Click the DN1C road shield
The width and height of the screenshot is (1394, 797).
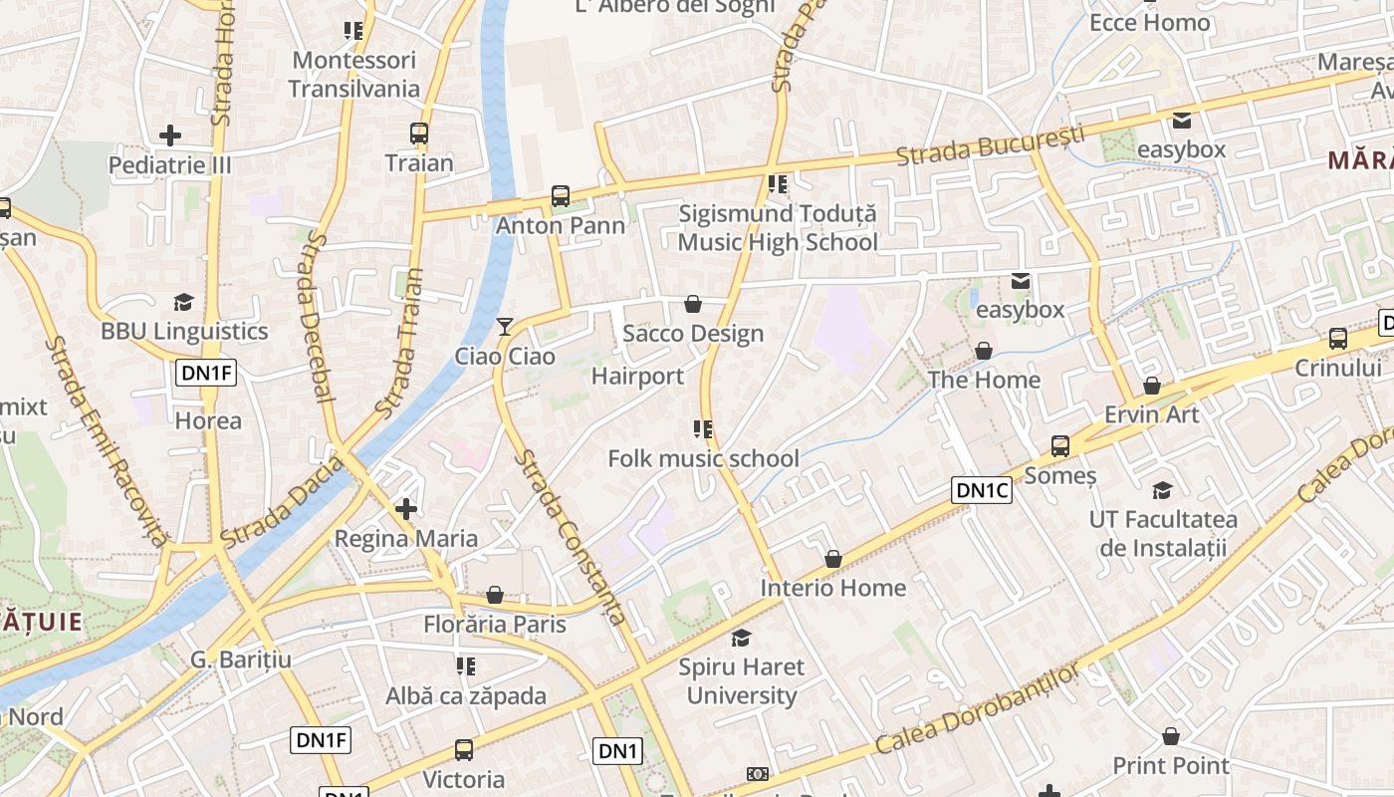tap(982, 490)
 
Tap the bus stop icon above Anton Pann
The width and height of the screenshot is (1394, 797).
tap(561, 196)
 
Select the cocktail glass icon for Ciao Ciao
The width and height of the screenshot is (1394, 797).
tap(505, 326)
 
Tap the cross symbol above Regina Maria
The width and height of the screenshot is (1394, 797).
tap(405, 509)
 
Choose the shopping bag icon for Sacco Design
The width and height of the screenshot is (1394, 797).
tap(693, 304)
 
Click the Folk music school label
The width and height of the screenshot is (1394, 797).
tap(703, 458)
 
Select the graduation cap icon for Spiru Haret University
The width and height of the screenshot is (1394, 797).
tap(741, 638)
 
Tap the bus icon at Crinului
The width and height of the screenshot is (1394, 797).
tap(1338, 339)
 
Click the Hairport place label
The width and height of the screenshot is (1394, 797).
tap(637, 377)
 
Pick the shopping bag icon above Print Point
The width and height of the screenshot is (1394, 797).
tap(1171, 736)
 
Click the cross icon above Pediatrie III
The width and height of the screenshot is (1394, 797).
tap(170, 134)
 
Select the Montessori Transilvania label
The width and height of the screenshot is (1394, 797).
tap(354, 75)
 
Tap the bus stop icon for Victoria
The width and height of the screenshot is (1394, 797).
tap(464, 749)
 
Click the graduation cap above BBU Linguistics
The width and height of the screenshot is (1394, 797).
tap(183, 302)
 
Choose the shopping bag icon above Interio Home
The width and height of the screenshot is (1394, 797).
tap(833, 559)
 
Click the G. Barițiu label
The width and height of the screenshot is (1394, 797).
tap(241, 660)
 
